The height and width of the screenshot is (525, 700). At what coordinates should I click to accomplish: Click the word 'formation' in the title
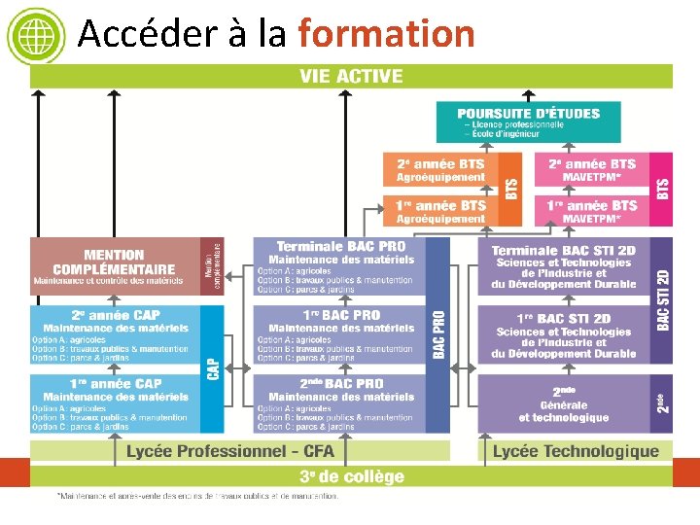pos(386,34)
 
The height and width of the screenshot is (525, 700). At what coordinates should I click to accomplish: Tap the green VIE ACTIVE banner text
pos(351,76)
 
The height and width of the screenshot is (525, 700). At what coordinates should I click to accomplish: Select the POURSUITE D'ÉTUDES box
pos(529,123)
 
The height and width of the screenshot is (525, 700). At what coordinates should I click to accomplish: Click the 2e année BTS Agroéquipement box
pos(440,169)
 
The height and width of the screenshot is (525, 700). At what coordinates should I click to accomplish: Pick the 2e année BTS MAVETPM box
pos(591,169)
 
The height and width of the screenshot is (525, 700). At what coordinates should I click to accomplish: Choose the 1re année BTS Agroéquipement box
pos(440,211)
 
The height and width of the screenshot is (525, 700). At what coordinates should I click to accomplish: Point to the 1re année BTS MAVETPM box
pos(591,211)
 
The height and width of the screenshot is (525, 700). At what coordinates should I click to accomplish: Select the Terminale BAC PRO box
pos(339,265)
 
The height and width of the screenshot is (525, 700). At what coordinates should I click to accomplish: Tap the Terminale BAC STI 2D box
pos(563,265)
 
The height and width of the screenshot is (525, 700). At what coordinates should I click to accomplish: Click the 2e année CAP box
pos(115,334)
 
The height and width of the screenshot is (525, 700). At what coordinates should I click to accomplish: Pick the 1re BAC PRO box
pos(339,334)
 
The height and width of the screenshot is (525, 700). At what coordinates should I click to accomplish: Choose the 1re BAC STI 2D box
pos(563,334)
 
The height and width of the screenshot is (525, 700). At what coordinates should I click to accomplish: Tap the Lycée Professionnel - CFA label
pos(230,451)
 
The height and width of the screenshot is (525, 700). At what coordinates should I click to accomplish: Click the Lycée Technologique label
pos(576,451)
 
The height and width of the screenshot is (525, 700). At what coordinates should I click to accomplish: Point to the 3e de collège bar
pos(351,476)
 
